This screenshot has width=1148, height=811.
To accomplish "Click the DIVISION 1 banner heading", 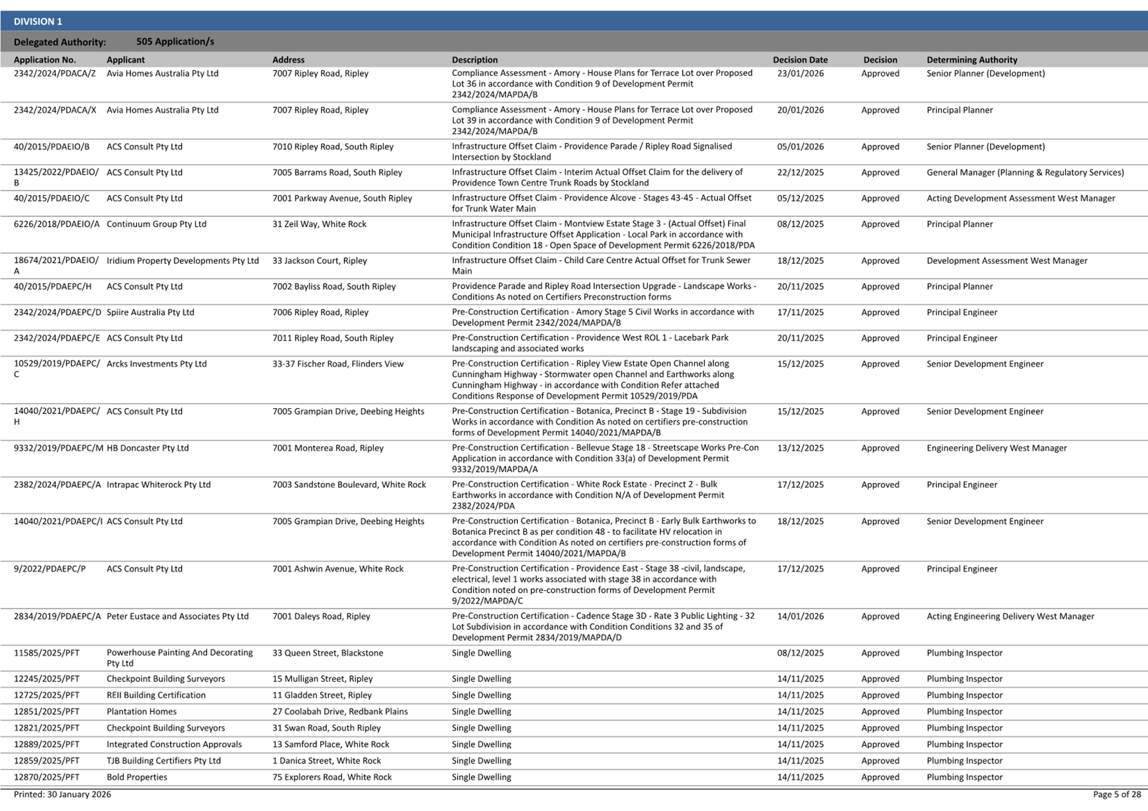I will pos(38,21).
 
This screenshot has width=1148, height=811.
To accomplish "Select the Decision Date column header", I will pos(800,60).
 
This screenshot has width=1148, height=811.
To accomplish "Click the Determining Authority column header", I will pos(971,60).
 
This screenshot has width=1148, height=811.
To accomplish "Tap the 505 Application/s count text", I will pos(175,42).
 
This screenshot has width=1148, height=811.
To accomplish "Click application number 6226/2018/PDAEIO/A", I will pos(56,224).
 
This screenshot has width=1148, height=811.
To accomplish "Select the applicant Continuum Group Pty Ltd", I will pos(156,224).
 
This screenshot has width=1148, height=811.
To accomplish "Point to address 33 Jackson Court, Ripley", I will pos(320,261).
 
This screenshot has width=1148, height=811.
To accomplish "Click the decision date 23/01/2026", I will pos(800,73).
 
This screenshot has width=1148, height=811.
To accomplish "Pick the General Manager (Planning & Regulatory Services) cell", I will pos(1025,173).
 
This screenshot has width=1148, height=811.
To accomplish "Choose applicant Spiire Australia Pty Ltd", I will pos(150,312).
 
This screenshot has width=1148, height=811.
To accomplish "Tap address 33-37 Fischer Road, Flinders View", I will pos(337,364).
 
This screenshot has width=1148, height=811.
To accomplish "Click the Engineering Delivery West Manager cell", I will pos(996,448).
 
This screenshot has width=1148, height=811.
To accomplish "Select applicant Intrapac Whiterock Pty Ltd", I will pos(158,485).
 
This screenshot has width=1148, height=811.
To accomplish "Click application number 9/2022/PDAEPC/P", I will pos(50,569).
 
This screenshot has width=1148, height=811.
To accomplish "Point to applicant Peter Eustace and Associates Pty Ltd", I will pos(177,617).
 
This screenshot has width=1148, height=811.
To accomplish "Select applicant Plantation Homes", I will pos(142,712).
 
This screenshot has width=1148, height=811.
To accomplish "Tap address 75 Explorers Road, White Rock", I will pos(331,777).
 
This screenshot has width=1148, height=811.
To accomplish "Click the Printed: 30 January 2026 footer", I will pos(62,794).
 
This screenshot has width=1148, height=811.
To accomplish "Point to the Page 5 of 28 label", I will pos(1116,794).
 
